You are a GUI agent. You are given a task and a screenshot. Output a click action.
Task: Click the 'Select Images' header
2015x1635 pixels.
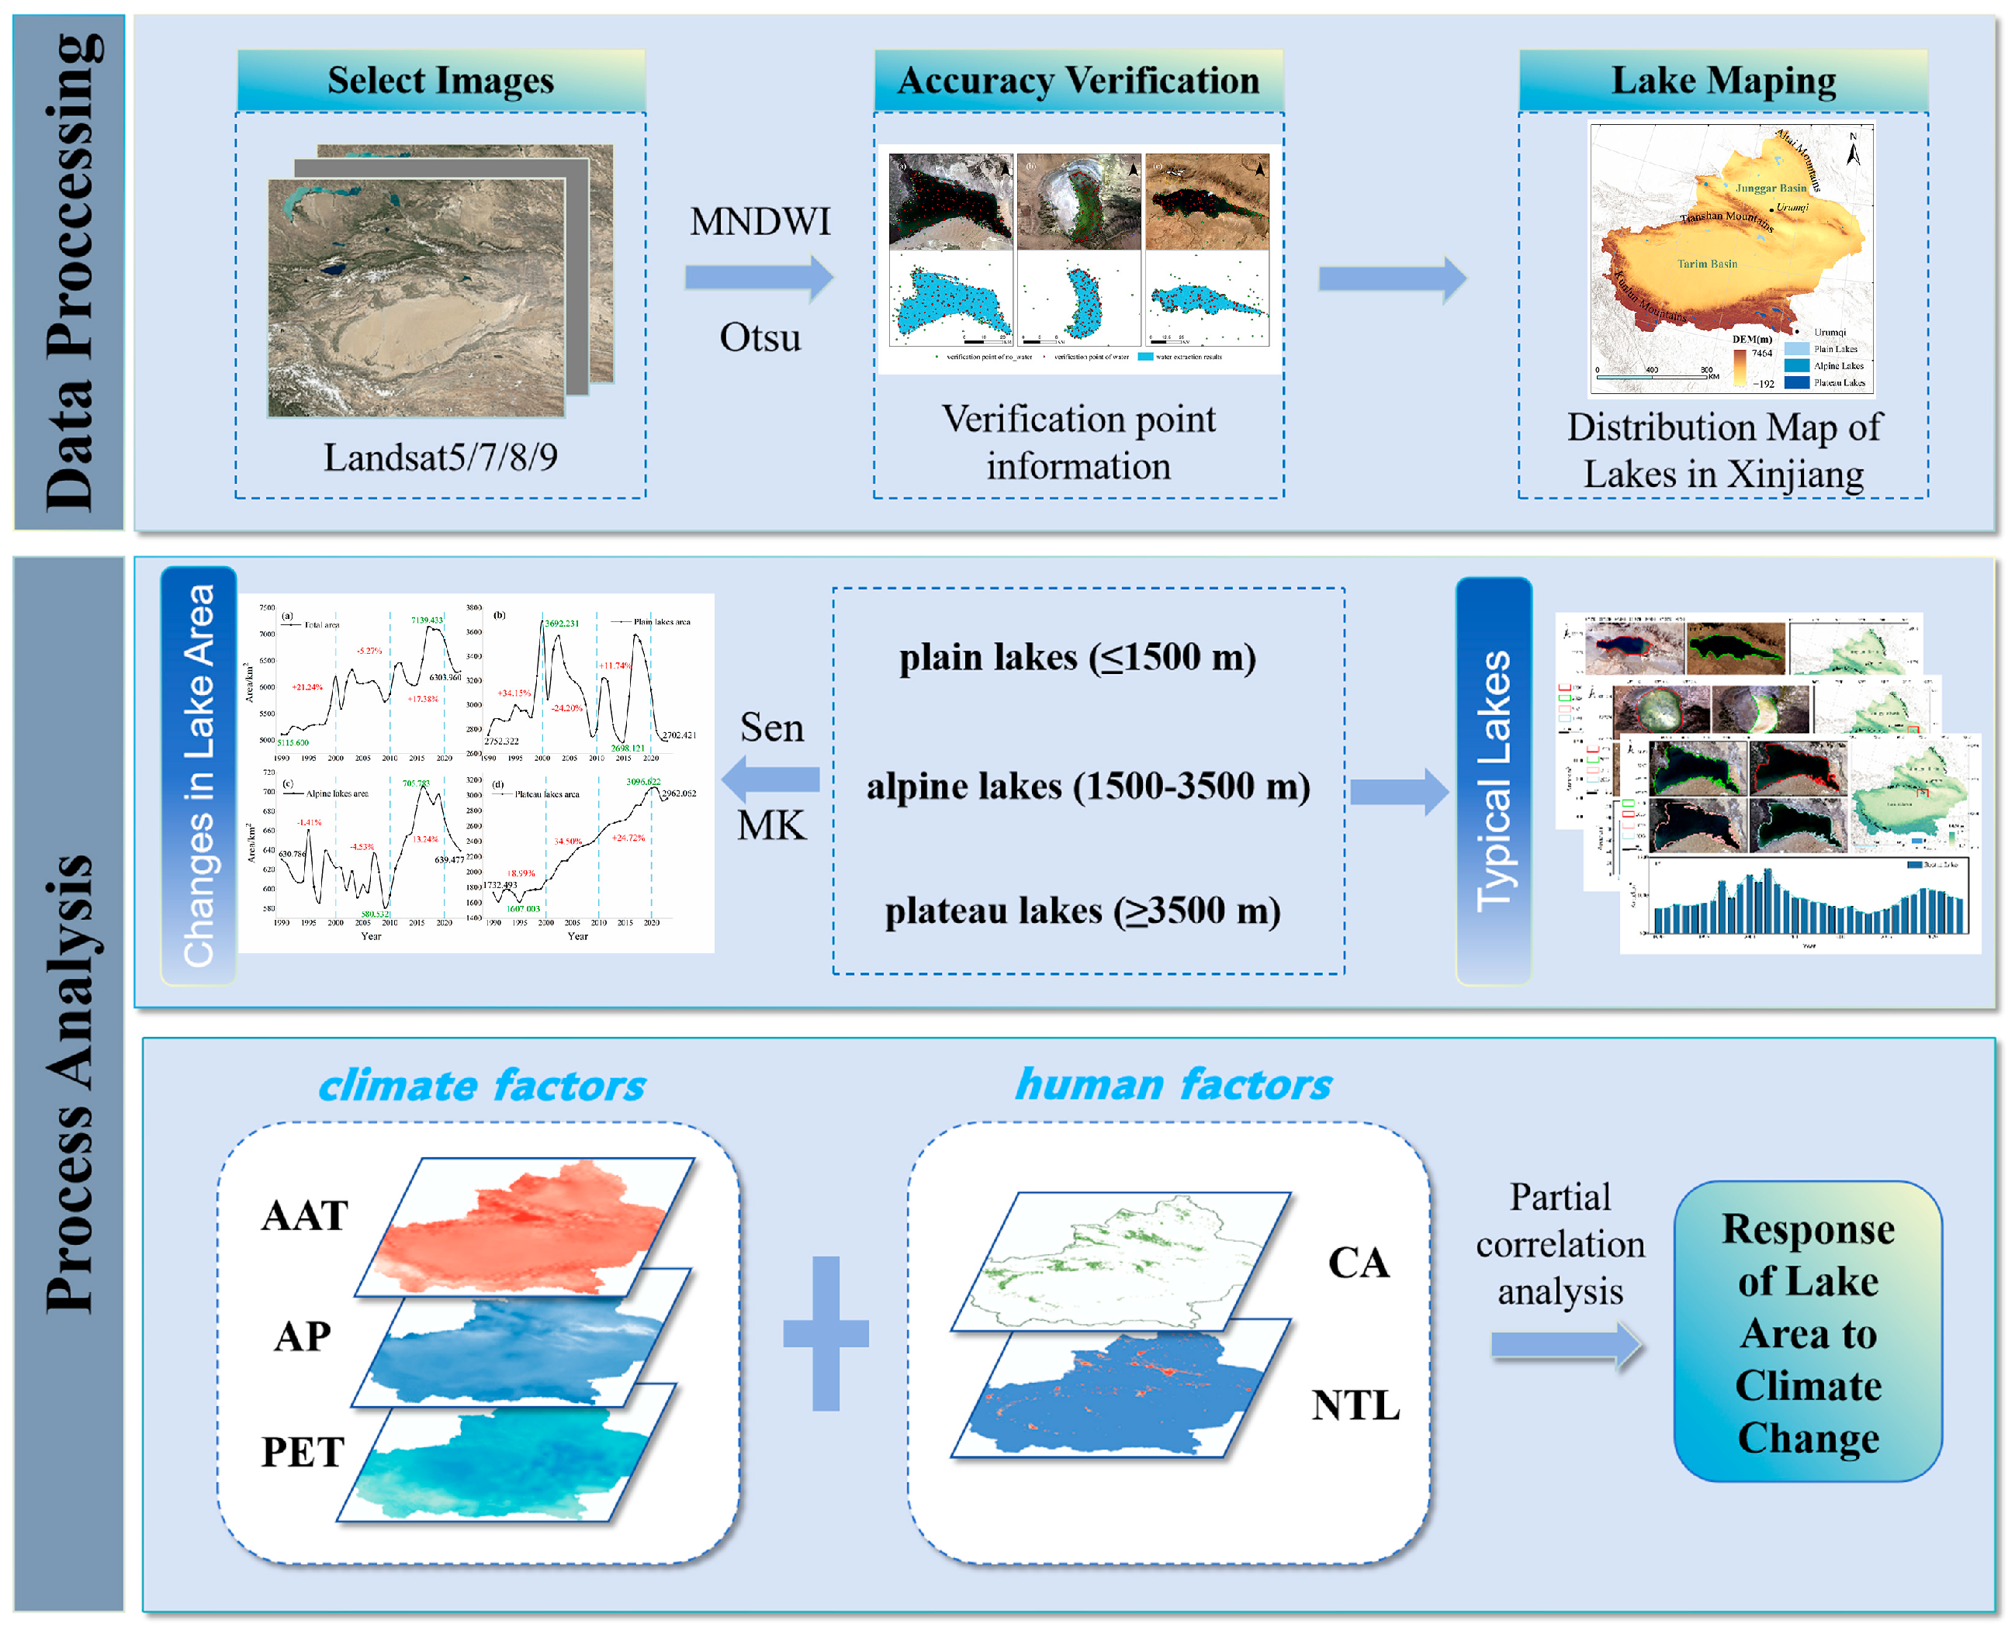coord(440,81)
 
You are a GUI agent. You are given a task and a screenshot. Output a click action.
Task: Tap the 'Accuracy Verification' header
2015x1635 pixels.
coord(1078,81)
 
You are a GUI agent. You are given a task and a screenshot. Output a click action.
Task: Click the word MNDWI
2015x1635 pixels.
coord(760,223)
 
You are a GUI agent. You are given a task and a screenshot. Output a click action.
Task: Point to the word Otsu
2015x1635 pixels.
coord(760,337)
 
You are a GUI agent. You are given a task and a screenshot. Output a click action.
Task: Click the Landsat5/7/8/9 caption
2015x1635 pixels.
coord(440,458)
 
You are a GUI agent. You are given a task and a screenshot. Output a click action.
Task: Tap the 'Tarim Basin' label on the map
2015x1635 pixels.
coord(1706,264)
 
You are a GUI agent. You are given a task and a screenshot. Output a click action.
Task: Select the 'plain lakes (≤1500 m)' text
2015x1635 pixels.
coord(1077,658)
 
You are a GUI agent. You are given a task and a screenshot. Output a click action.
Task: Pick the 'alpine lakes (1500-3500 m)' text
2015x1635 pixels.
coord(1087,786)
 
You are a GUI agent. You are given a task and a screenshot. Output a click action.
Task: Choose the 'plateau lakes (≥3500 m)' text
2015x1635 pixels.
coord(1082,911)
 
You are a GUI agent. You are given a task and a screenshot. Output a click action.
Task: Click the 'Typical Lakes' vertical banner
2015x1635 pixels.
coord(1492,781)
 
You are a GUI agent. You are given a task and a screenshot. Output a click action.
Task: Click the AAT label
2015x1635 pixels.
coord(304,1215)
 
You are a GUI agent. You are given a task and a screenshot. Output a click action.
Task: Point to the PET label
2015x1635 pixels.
coord(303,1451)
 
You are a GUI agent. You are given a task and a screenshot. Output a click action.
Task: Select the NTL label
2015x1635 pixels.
coord(1355,1405)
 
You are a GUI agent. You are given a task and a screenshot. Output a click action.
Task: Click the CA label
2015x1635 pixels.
coord(1358,1263)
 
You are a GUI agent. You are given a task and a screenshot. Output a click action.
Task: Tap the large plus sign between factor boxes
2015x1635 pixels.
coord(826,1333)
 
